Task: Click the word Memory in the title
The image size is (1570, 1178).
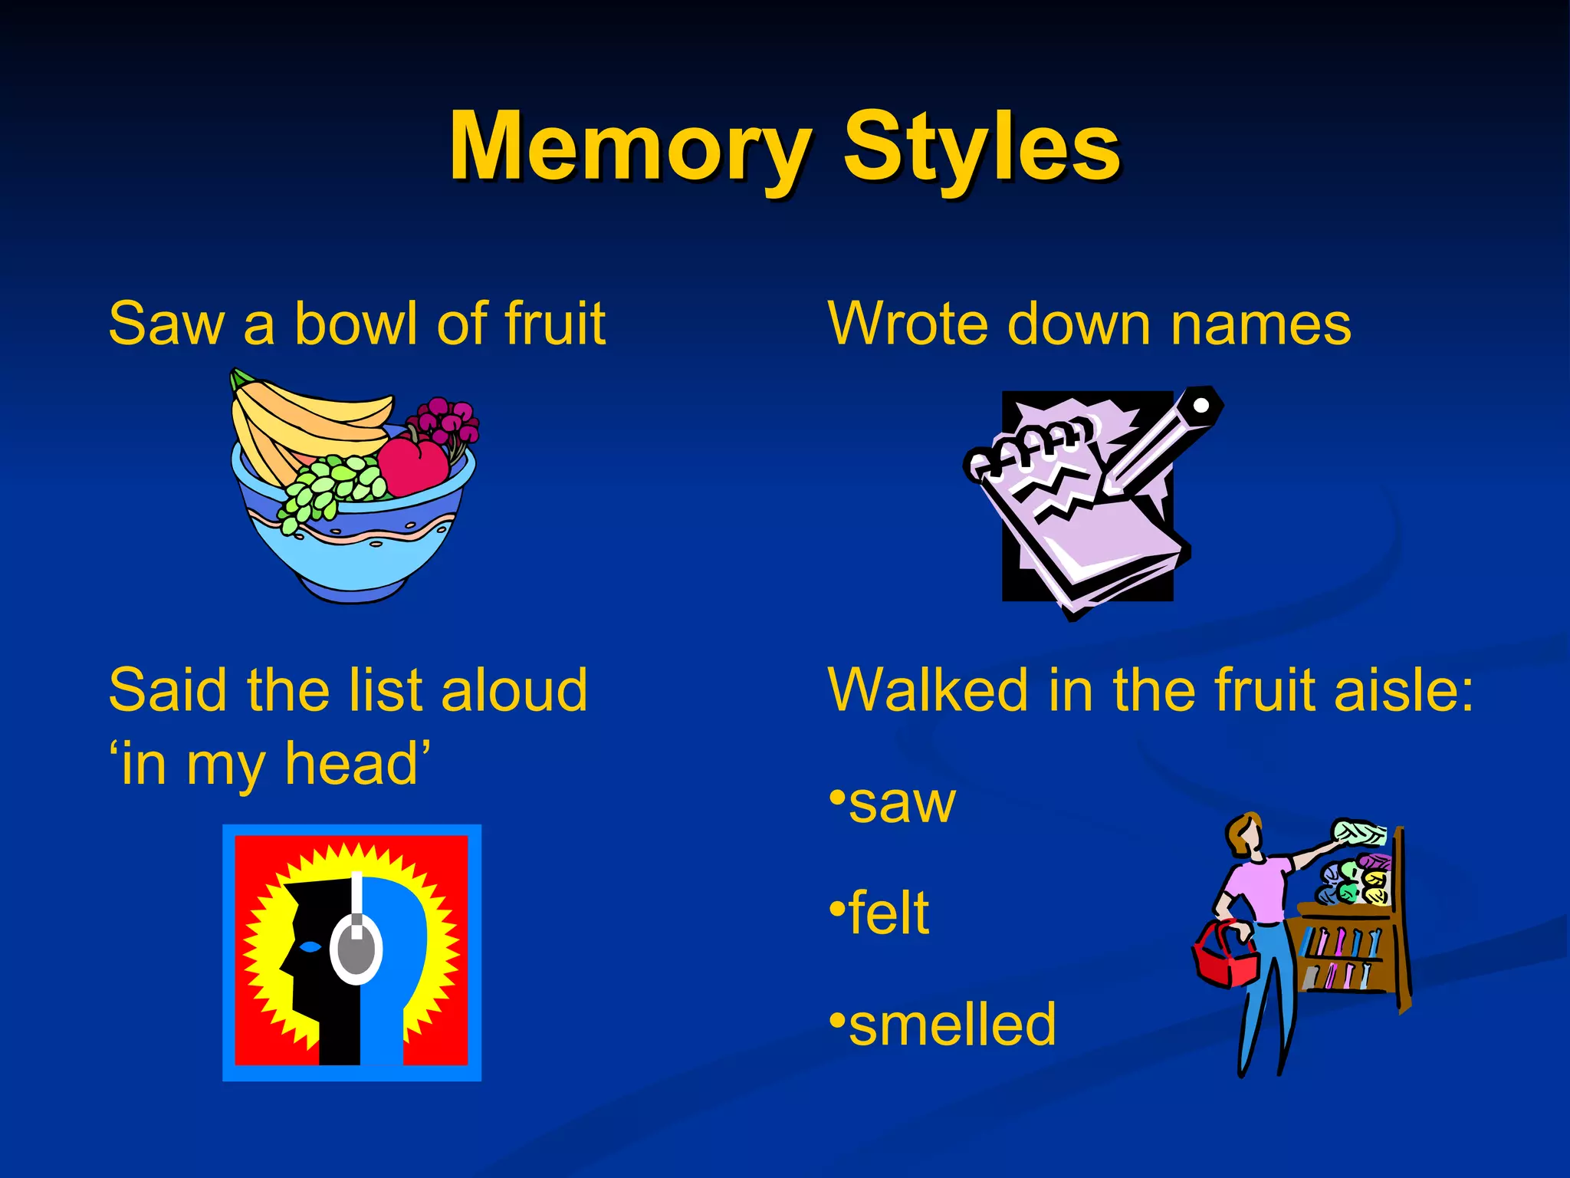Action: (x=629, y=147)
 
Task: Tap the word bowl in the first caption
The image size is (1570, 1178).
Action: (x=358, y=324)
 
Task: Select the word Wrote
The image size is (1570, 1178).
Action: (x=909, y=324)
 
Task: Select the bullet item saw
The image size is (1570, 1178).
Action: (x=901, y=803)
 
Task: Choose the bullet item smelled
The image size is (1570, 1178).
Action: (x=951, y=1025)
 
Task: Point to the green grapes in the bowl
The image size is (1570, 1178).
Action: (x=330, y=487)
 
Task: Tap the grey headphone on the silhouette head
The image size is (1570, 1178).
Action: (x=356, y=948)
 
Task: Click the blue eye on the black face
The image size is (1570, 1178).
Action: (x=310, y=946)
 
